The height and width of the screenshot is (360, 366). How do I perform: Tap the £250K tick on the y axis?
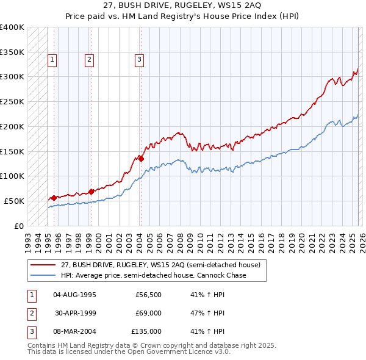[x=12, y=101]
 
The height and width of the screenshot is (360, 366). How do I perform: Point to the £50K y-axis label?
[x=14, y=201]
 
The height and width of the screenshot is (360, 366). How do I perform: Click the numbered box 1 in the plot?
[x=52, y=59]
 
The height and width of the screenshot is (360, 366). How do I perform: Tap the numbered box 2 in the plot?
[x=89, y=59]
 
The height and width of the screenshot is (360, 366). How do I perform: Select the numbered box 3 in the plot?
[x=139, y=59]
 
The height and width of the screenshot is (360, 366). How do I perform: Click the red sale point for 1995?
[x=54, y=198]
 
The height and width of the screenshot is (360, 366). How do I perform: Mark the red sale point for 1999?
[x=91, y=192]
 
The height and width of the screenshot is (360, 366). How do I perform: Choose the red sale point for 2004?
[x=141, y=159]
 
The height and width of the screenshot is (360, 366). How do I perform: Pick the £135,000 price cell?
[x=147, y=331]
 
